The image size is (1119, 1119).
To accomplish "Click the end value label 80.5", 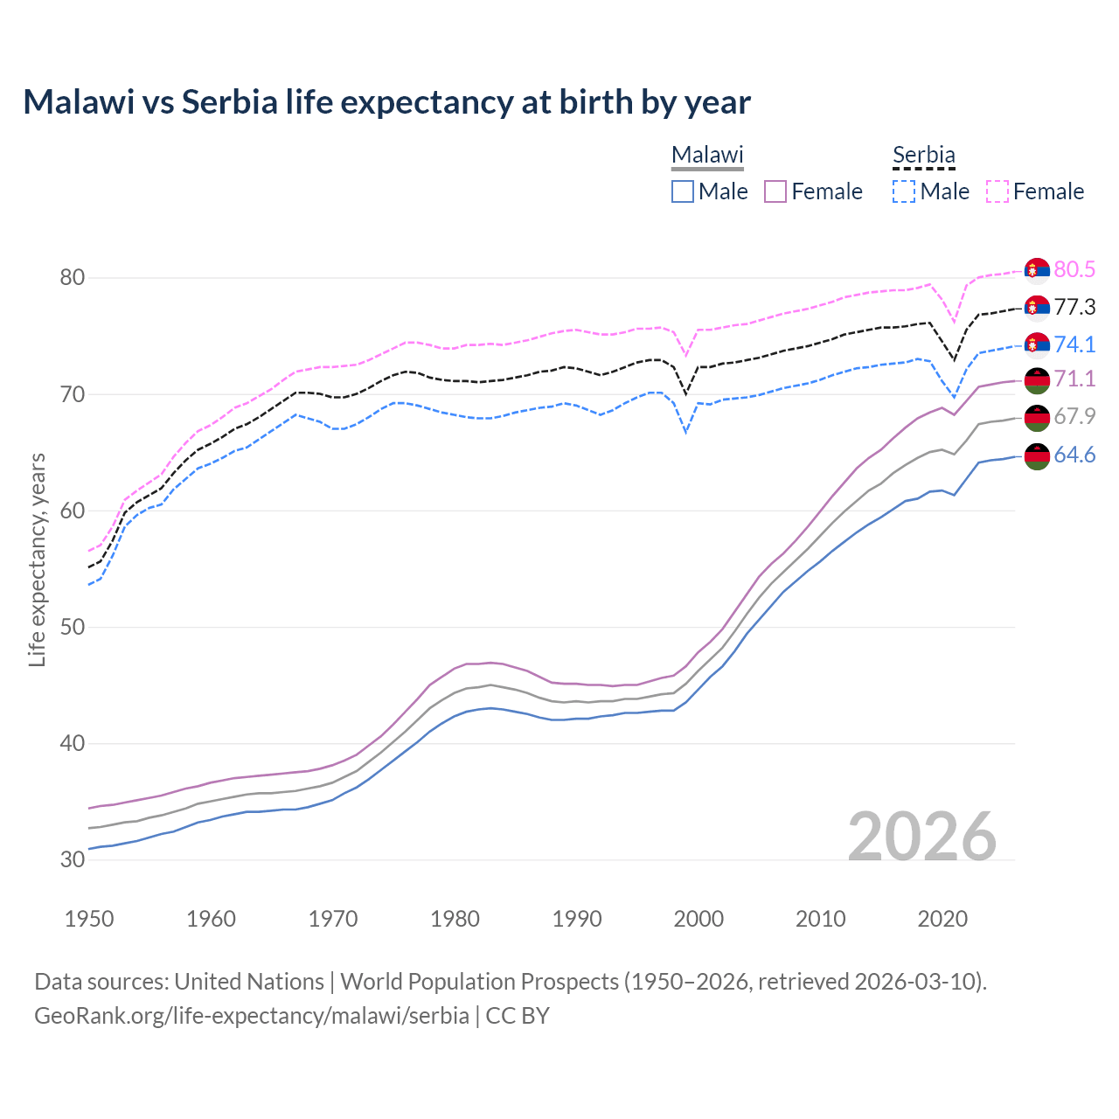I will coord(1074,269).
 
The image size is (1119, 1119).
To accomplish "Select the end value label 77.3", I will coord(1074,307).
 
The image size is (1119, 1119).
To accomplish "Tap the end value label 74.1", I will coord(1074,344).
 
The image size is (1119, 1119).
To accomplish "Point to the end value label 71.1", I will coord(1074,379).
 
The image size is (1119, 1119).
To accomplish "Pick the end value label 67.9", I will coord(1074,416).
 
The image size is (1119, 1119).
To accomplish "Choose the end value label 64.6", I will coord(1074,455).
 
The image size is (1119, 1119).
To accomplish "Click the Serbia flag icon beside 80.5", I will coord(1037,270).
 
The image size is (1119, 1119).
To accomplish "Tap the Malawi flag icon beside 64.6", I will coord(1037,455).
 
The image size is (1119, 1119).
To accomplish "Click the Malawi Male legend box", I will coord(683,191).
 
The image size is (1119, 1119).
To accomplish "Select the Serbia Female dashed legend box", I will coord(997,191).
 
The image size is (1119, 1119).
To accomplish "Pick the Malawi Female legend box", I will coord(775,191).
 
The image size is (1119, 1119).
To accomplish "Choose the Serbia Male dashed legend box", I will coord(904,191).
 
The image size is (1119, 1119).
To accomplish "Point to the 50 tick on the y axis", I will coord(73,628).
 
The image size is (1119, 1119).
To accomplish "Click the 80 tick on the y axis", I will coord(73,278).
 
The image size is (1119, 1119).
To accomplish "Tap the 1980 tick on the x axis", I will coord(455,919).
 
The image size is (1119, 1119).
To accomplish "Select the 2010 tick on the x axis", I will coord(820,919).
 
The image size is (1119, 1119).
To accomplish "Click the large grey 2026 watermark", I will coord(922,837).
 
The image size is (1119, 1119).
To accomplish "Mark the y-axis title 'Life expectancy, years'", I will coord(38,559).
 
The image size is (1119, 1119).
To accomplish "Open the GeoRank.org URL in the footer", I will coord(252,1016).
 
